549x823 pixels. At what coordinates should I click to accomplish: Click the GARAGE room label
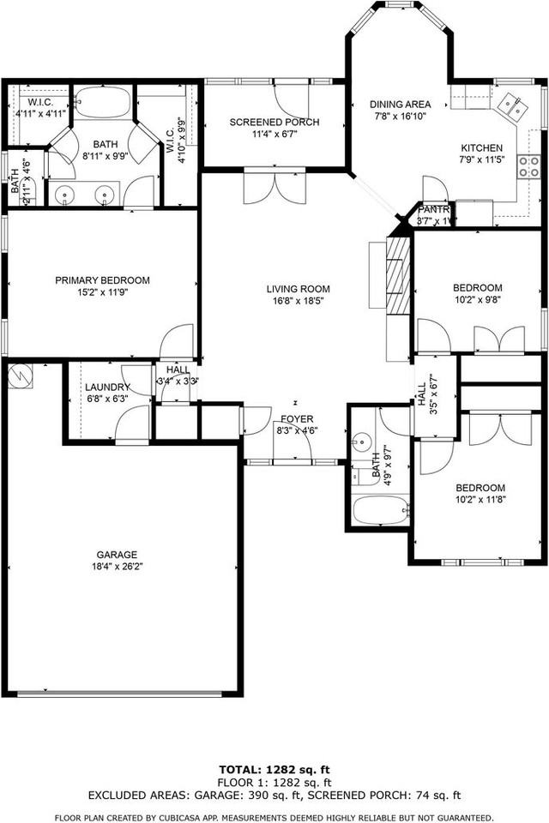(117, 555)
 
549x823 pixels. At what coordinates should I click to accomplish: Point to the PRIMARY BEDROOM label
(102, 280)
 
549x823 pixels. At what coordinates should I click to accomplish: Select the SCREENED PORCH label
(274, 123)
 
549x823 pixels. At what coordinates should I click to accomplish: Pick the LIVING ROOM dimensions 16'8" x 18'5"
(298, 301)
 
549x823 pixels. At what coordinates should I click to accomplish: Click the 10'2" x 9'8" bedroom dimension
(478, 299)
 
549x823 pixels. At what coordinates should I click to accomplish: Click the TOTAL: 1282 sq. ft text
(274, 770)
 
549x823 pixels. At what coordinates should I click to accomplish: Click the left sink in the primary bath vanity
(68, 194)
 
